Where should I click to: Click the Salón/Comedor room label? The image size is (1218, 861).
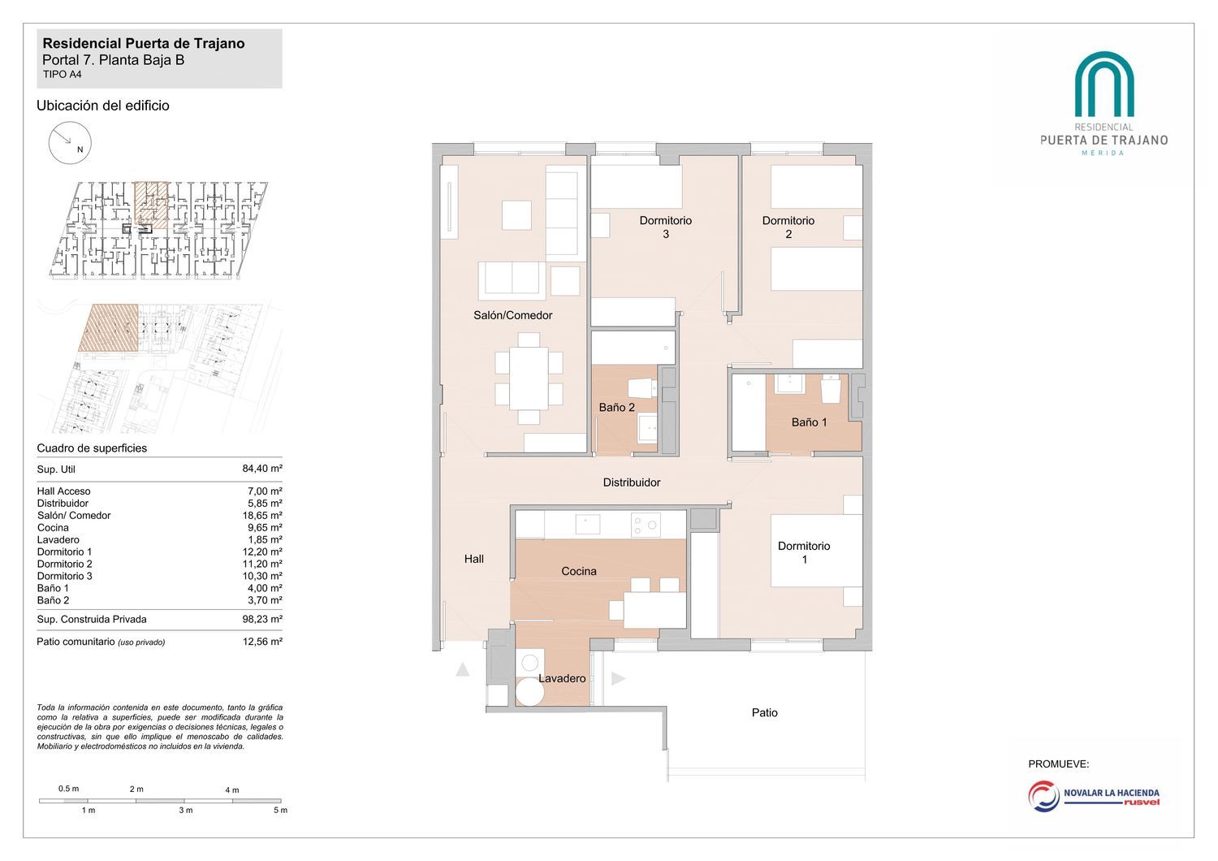[512, 315]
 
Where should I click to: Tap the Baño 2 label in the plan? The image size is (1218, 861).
[616, 408]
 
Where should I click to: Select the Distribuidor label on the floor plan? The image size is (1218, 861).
[631, 482]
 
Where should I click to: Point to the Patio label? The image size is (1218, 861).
[765, 712]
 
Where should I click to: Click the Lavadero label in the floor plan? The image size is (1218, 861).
[562, 678]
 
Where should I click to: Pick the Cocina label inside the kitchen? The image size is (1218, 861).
[578, 571]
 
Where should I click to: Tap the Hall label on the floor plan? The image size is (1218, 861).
[473, 559]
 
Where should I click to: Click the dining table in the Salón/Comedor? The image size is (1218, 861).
[529, 379]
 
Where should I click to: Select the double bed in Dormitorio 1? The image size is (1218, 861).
[816, 551]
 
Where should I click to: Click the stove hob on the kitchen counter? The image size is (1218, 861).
[646, 525]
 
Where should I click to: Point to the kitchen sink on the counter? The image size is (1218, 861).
[587, 525]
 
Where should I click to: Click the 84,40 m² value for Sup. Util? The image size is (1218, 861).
[262, 469]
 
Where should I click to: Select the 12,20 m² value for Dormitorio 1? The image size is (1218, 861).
[262, 552]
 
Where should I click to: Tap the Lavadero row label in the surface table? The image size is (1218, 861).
[58, 539]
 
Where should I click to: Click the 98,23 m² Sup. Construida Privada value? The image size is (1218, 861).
[262, 619]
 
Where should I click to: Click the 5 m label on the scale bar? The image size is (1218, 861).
[280, 811]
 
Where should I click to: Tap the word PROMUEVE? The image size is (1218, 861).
[1058, 764]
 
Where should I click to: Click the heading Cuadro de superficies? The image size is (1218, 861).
[92, 448]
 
